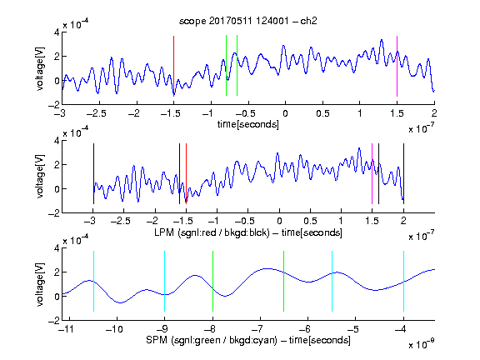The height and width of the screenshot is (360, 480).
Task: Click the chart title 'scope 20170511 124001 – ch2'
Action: (248, 21)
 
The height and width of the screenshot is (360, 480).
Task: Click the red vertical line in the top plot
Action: (173, 66)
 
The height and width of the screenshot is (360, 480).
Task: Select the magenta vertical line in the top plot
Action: (397, 66)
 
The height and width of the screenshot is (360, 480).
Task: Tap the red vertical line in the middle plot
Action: (186, 173)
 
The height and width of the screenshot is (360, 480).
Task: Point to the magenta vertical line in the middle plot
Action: (372, 173)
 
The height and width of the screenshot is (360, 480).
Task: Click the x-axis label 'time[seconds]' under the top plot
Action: (248, 124)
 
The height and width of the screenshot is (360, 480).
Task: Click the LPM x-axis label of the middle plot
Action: (248, 232)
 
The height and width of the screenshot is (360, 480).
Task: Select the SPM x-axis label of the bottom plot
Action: (248, 340)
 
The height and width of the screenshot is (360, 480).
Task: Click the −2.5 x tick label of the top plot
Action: (97, 113)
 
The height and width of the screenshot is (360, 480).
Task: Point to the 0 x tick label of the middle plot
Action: (279, 221)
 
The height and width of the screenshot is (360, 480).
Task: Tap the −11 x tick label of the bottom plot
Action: (67, 329)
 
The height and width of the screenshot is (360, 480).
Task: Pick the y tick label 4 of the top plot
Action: (57, 32)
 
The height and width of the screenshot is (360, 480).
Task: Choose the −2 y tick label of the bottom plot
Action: (54, 321)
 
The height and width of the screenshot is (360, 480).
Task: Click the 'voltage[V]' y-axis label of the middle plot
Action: (40, 176)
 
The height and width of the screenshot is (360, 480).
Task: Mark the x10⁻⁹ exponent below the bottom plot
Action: (422, 344)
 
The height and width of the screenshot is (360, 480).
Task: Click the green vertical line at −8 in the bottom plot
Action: (212, 282)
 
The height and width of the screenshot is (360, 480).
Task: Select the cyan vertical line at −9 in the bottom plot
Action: (164, 282)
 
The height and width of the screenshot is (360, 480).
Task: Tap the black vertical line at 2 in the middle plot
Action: (403, 173)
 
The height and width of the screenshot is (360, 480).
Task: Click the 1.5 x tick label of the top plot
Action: (397, 113)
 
